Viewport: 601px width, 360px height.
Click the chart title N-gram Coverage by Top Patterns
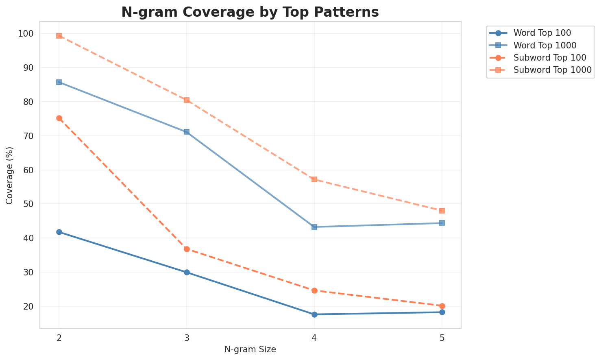pos(250,12)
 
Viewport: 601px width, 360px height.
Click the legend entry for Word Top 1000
pos(545,45)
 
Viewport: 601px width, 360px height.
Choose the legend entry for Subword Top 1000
pos(552,70)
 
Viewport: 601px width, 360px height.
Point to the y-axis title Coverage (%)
pos(10,175)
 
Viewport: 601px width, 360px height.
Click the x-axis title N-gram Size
pos(250,349)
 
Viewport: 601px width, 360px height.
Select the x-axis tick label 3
pos(187,337)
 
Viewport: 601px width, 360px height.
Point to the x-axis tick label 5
pos(442,337)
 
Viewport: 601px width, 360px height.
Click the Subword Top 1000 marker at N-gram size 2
pos(59,36)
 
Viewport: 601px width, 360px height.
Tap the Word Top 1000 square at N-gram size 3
pos(187,132)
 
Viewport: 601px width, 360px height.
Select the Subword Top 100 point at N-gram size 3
pos(187,249)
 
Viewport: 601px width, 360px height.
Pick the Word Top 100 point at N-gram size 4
pos(314,314)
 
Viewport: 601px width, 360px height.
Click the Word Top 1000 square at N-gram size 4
pos(314,227)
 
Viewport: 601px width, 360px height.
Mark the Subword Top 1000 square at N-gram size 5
pos(442,211)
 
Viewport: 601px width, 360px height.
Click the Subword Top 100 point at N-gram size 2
pos(59,118)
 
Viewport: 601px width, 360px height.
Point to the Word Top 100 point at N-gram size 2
pos(59,232)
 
